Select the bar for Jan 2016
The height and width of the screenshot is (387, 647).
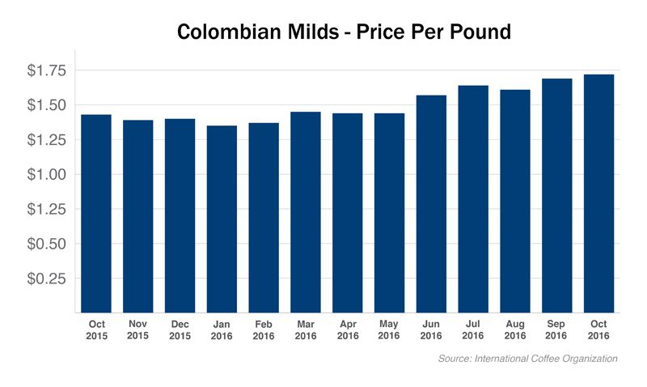click(222, 219)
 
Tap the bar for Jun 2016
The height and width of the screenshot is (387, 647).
click(431, 203)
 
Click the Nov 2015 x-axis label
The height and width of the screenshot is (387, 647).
click(138, 329)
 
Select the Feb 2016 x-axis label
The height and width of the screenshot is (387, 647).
click(264, 329)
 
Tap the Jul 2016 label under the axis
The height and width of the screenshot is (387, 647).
click(473, 329)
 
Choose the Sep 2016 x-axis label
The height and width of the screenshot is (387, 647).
click(557, 329)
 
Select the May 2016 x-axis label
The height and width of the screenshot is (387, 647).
click(389, 329)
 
